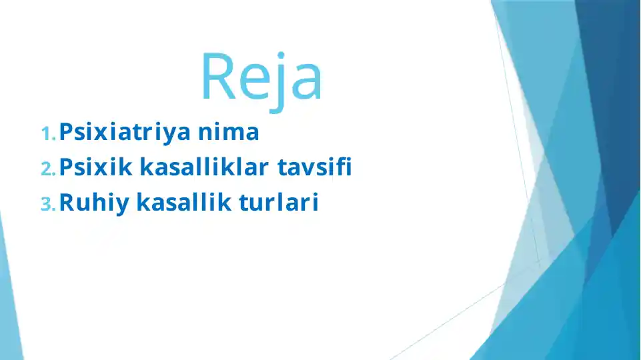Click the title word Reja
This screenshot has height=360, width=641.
pos(261,77)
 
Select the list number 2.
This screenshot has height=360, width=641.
pos(48,169)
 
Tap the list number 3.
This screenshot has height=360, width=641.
pos(48,205)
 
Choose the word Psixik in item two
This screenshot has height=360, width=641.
pos(96,168)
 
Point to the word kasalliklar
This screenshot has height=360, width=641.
pos(204,168)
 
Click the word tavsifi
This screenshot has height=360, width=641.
pos(315,168)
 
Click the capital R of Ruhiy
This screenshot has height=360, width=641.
pos(67,203)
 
